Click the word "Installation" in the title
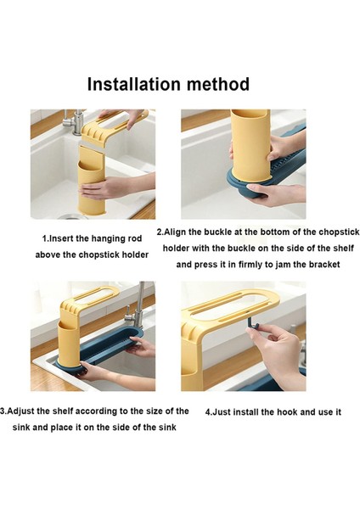[134, 84]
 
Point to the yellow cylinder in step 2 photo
[250, 144]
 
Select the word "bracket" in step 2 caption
[324, 265]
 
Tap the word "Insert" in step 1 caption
[61, 239]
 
